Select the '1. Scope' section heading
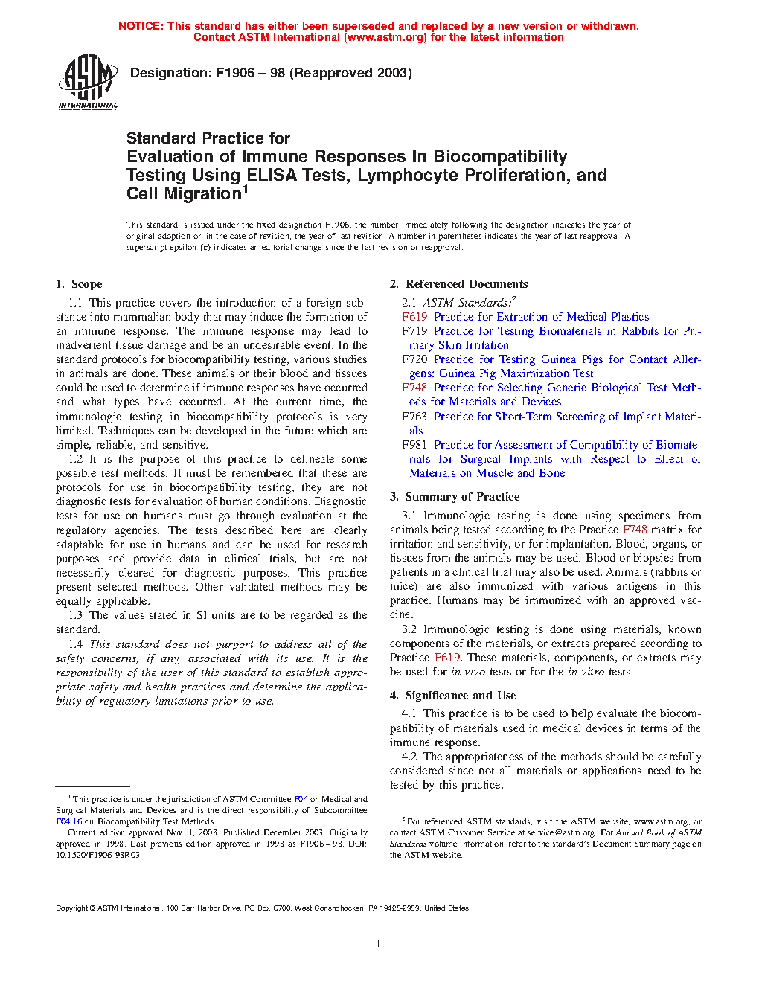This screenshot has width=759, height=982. [x=79, y=284]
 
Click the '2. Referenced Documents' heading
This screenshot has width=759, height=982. [x=458, y=284]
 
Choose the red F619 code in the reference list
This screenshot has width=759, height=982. [x=414, y=317]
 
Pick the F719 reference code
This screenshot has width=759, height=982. [x=414, y=331]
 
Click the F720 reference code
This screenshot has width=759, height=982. [x=414, y=359]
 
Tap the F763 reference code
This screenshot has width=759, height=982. [x=414, y=417]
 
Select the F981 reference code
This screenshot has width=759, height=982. [x=414, y=445]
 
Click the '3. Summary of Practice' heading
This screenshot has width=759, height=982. [x=455, y=497]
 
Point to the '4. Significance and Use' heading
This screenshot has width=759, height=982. [x=452, y=696]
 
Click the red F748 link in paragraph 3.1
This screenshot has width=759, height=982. [x=635, y=530]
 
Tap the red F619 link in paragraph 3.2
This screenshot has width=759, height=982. [x=447, y=658]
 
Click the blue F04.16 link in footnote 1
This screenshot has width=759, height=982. [x=68, y=822]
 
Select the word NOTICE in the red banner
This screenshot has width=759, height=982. [x=141, y=26]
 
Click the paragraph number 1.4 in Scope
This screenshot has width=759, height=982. [x=75, y=644]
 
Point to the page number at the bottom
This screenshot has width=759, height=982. [x=379, y=944]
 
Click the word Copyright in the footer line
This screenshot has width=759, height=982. [x=72, y=908]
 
